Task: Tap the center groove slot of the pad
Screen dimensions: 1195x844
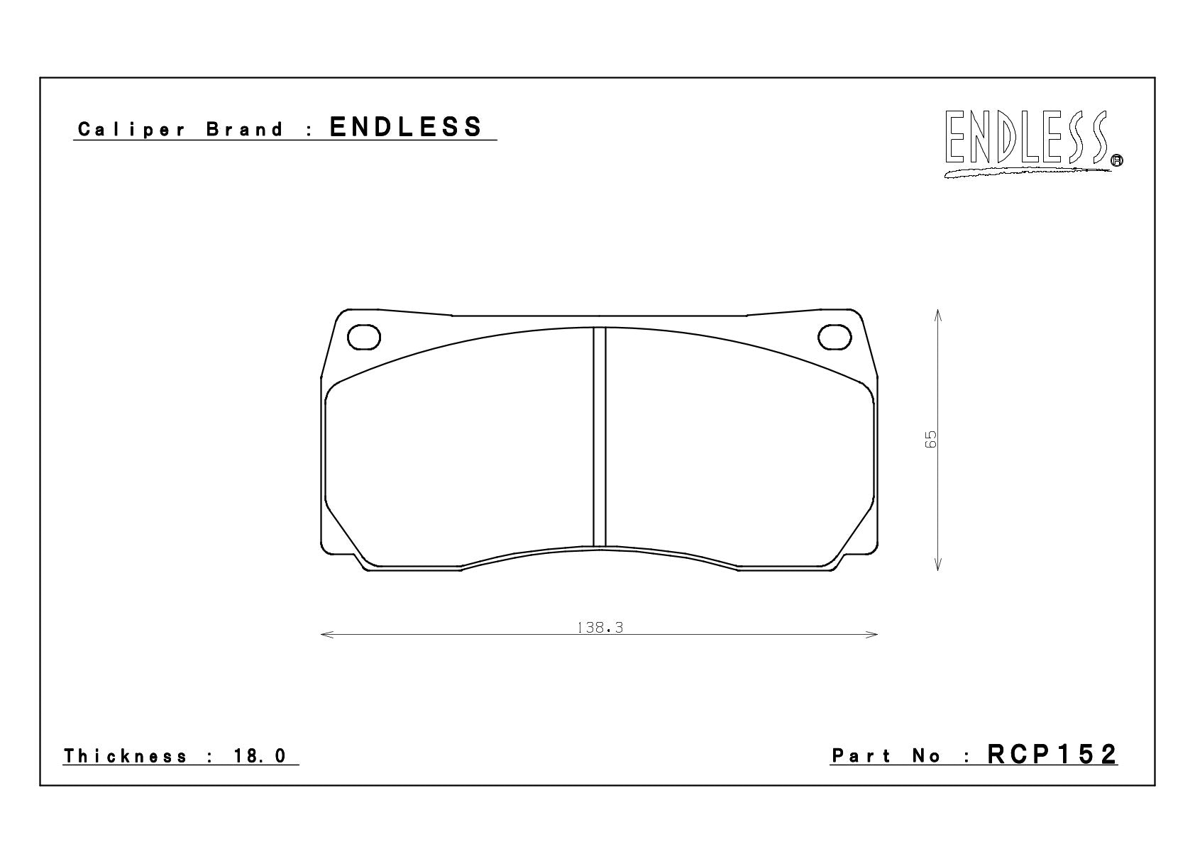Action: click(x=600, y=437)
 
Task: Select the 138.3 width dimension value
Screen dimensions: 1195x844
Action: click(x=600, y=628)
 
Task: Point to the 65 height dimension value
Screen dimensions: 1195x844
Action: click(x=930, y=439)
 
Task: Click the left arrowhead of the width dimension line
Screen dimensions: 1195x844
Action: click(x=327, y=635)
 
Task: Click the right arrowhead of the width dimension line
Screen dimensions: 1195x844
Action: click(x=871, y=635)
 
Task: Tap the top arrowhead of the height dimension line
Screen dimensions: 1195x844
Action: click(x=938, y=315)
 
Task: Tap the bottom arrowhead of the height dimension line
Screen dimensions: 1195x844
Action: click(x=938, y=564)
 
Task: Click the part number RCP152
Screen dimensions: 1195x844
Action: click(x=1052, y=755)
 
